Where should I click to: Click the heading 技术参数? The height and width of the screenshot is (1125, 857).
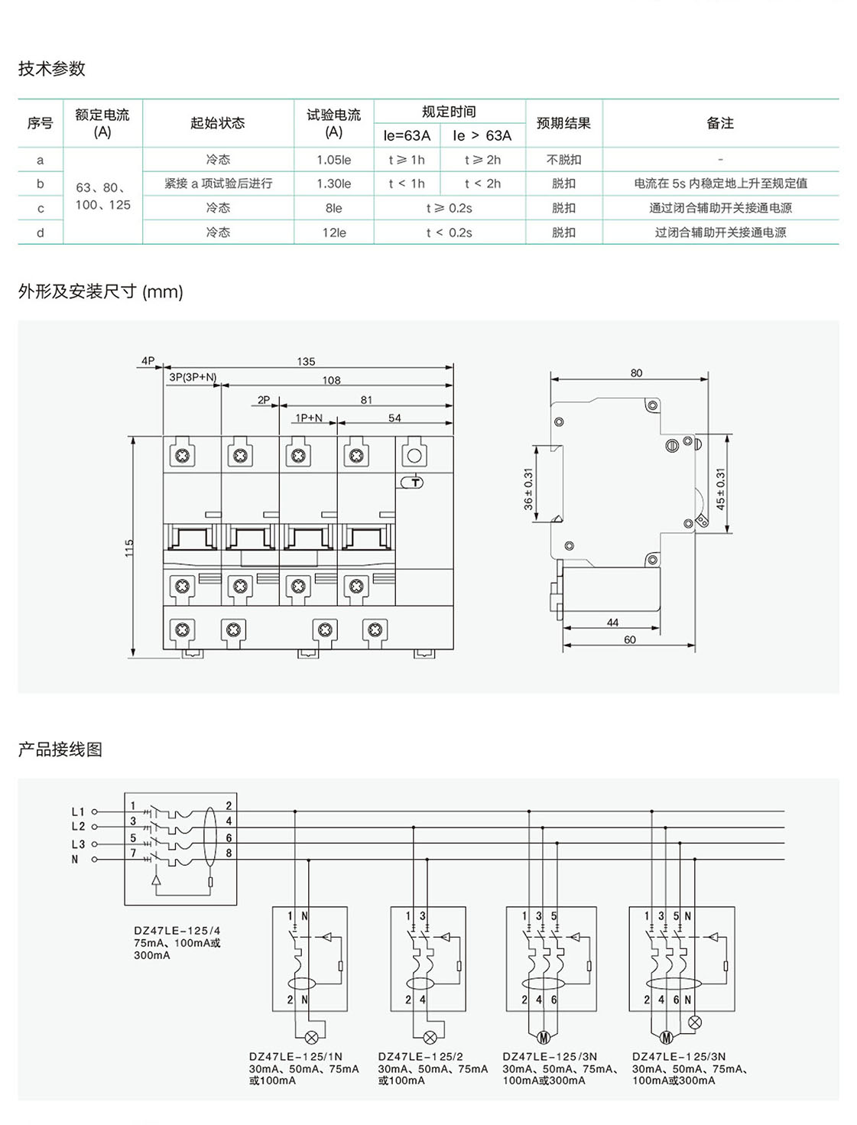click(x=51, y=69)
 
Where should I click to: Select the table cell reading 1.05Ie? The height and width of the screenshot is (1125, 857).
click(x=333, y=160)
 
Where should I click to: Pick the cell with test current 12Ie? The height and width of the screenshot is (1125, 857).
click(x=333, y=232)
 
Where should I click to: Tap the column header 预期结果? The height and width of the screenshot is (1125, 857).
click(x=563, y=123)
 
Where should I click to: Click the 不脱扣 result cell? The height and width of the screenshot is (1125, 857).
click(x=563, y=160)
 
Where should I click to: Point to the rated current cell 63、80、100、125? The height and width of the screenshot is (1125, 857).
click(x=102, y=196)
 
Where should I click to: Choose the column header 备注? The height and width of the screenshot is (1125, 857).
click(x=719, y=123)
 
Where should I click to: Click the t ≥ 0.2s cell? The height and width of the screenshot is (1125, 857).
click(x=449, y=208)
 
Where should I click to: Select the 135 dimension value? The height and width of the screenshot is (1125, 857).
click(x=306, y=362)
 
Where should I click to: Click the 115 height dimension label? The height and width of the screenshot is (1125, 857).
click(x=129, y=548)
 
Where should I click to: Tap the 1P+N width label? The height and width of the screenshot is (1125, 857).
click(x=309, y=418)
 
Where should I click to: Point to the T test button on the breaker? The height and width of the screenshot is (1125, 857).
click(x=414, y=482)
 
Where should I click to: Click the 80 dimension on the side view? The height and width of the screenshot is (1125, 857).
click(x=636, y=373)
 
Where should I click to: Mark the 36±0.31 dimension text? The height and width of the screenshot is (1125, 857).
click(x=528, y=489)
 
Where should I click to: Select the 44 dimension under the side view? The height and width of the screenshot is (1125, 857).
click(x=612, y=623)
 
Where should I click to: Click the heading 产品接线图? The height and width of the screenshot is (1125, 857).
click(x=60, y=749)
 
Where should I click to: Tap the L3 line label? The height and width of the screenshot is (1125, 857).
click(x=78, y=844)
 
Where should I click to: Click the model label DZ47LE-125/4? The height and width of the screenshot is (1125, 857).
click(x=177, y=931)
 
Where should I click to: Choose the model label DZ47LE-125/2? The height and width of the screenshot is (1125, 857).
click(x=420, y=1057)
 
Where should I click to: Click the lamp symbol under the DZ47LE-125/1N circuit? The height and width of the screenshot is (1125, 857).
click(x=312, y=1038)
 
